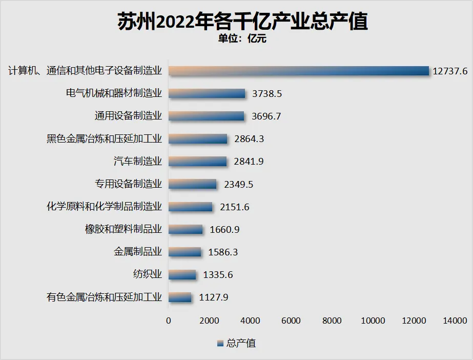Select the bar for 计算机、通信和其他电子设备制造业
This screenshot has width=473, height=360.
point(298,71)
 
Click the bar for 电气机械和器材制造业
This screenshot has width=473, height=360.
point(207,93)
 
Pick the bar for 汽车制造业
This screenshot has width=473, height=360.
point(197,162)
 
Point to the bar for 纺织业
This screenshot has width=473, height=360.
point(182,275)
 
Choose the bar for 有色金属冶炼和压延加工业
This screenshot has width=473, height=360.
point(180,297)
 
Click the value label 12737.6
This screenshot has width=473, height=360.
point(450,71)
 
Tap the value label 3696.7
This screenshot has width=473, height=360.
point(266,116)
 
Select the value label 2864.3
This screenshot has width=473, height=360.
point(249,139)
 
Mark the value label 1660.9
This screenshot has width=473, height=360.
point(224,230)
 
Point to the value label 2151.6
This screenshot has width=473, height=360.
point(234,207)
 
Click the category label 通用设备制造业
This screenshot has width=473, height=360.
point(128,116)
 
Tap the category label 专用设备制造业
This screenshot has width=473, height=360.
point(128,184)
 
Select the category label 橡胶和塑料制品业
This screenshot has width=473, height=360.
point(124,229)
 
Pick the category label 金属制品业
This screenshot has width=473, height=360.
point(138,252)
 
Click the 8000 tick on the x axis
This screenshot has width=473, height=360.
point(332,321)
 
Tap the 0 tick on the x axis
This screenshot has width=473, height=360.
point(169,321)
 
